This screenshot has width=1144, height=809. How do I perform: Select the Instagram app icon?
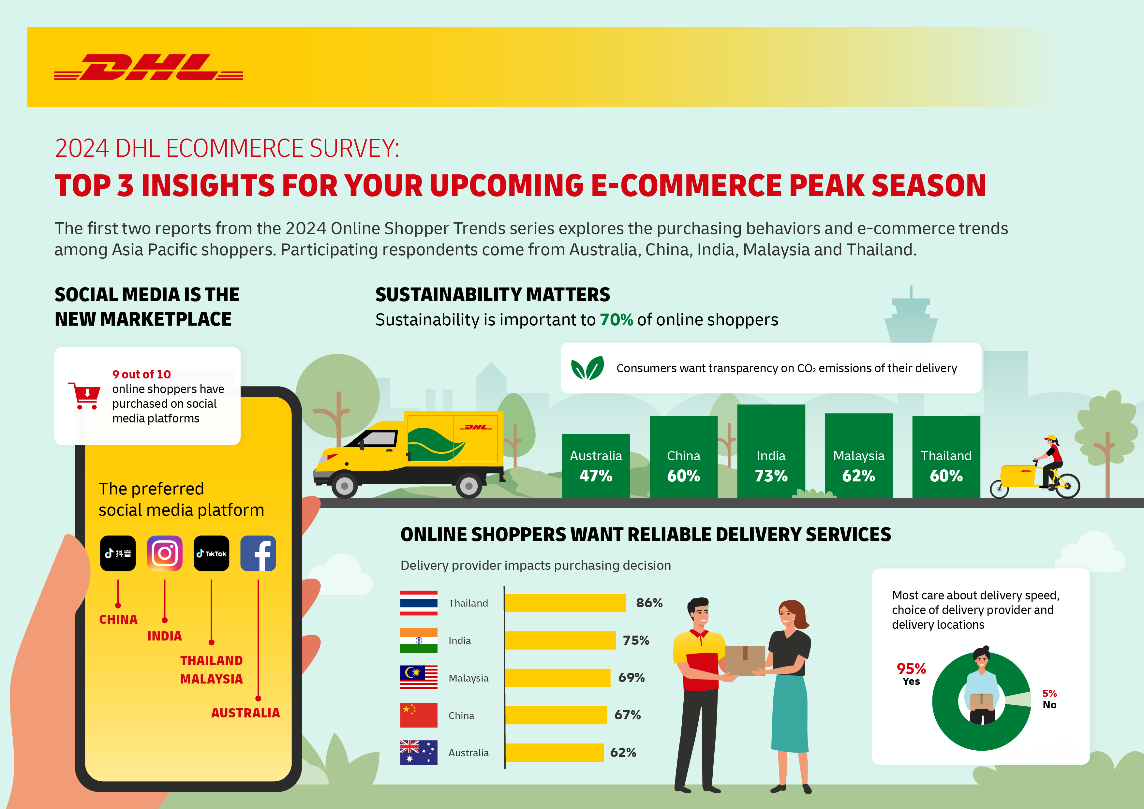point(164,553)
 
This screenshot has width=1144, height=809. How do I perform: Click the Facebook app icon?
point(258,553)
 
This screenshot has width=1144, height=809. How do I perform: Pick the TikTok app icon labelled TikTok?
point(211,553)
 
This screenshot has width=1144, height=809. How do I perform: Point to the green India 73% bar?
point(771,451)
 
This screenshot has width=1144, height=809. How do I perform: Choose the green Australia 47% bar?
point(596,466)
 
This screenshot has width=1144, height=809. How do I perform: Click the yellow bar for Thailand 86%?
point(565,603)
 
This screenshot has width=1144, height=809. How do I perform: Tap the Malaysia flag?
point(419,678)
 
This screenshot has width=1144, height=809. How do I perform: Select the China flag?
point(419,715)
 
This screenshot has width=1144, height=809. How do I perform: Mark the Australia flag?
point(419,752)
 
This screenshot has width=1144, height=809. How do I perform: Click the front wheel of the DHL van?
point(344,486)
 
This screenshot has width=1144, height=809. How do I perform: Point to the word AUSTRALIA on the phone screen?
point(245,713)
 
